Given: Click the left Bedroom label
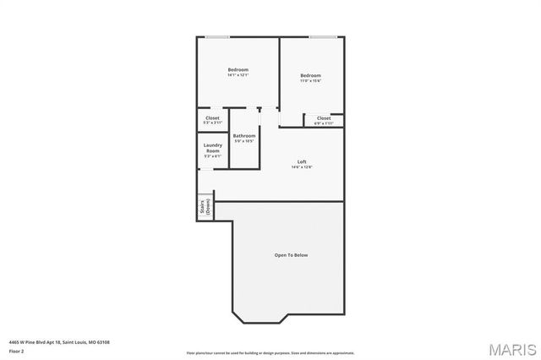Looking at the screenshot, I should pyautogui.click(x=238, y=69).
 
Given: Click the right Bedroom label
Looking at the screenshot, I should pyautogui.click(x=310, y=76).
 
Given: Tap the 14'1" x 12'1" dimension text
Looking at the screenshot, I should pyautogui.click(x=238, y=75).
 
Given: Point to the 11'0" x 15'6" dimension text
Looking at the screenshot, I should pyautogui.click(x=310, y=82).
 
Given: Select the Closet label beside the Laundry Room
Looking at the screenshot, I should pyautogui.click(x=212, y=117).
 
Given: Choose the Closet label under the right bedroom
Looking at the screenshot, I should pyautogui.click(x=324, y=117).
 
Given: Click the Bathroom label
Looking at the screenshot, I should pyautogui.click(x=244, y=135).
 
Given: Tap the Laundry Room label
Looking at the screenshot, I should pyautogui.click(x=212, y=147).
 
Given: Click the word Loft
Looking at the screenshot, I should pyautogui.click(x=302, y=161).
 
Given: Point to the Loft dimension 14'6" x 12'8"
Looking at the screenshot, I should pyautogui.click(x=302, y=167).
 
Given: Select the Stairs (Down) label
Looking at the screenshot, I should pyautogui.click(x=205, y=209).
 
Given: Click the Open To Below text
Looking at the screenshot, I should pyautogui.click(x=291, y=254).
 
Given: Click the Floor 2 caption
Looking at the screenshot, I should pyautogui.click(x=17, y=350).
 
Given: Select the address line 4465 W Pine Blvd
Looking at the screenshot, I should pyautogui.click(x=59, y=341).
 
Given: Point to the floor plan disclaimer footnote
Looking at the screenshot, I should pyautogui.click(x=270, y=352).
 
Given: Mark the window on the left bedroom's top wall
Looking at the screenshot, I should pyautogui.click(x=216, y=37).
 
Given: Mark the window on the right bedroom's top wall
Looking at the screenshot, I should pyautogui.click(x=322, y=37).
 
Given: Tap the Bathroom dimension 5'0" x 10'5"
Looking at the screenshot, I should pyautogui.click(x=244, y=141).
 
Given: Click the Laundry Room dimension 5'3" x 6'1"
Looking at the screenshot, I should pyautogui.click(x=212, y=156).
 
